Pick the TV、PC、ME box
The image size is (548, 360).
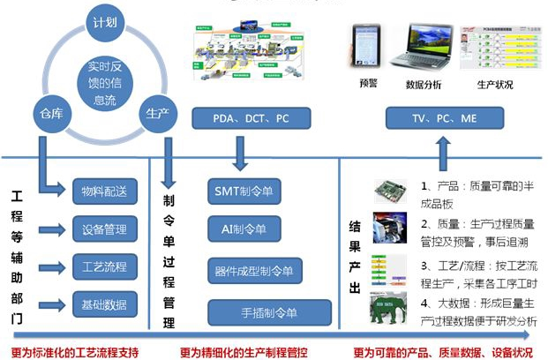[438, 117]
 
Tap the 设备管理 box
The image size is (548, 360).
[103, 229]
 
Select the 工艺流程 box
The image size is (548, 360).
[103, 266]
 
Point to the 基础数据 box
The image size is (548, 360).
[103, 305]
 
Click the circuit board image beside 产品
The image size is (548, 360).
[389, 190]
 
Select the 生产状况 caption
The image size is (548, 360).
[496, 85]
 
